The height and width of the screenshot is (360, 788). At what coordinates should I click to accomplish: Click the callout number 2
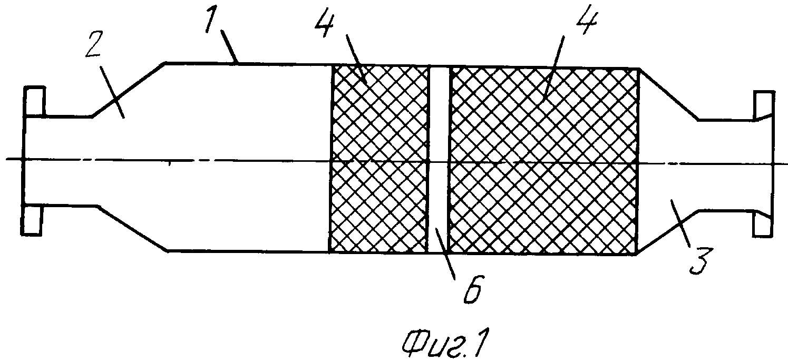(94, 44)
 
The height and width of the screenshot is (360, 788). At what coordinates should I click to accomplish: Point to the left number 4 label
(324, 23)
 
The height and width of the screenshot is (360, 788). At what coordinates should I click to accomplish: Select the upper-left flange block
(34, 101)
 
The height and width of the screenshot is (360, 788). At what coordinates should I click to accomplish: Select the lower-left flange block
(32, 220)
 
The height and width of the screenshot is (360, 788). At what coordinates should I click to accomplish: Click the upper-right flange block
(764, 105)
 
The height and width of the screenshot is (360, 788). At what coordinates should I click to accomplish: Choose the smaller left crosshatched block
(379, 159)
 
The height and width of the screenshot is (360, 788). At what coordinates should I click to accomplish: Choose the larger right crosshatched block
(543, 161)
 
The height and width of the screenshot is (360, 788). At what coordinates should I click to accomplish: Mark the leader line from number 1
(229, 46)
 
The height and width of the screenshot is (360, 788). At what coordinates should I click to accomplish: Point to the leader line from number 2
(112, 92)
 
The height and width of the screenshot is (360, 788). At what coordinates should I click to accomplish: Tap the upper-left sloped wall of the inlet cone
(129, 89)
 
